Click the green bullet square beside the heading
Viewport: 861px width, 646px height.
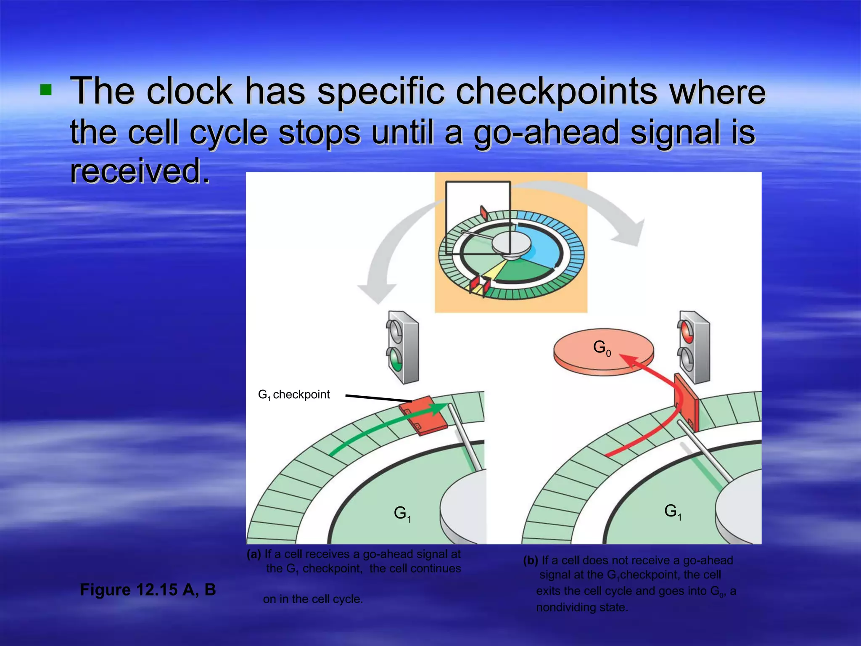(x=45, y=90)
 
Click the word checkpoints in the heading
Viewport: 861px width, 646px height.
(x=556, y=91)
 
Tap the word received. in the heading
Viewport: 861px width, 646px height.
(x=140, y=171)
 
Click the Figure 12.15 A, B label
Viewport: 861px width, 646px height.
(x=148, y=590)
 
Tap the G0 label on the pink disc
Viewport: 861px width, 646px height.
(x=602, y=348)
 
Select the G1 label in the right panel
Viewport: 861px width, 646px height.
(x=672, y=511)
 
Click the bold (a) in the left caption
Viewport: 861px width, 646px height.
(x=254, y=554)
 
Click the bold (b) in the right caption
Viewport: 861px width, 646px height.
(x=531, y=560)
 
